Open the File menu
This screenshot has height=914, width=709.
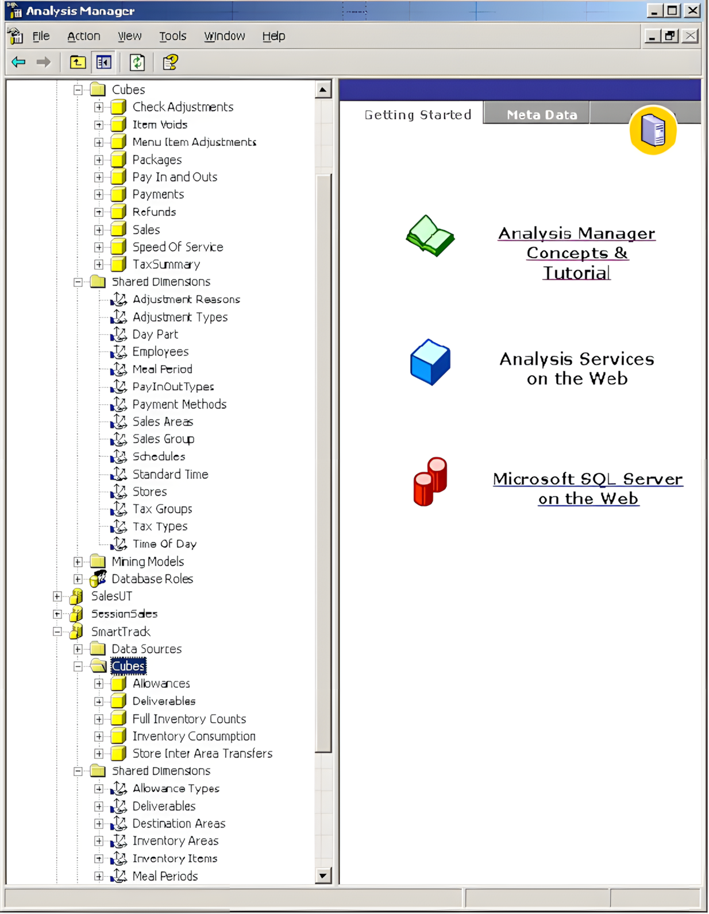(x=41, y=36)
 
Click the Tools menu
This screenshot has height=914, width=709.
(x=172, y=36)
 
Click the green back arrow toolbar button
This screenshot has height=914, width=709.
(x=18, y=62)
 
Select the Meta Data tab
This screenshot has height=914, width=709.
(x=542, y=114)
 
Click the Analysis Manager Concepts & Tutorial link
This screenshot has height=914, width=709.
(x=576, y=253)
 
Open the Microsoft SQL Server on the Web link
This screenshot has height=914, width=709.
(x=588, y=489)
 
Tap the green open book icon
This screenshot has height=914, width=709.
(x=430, y=235)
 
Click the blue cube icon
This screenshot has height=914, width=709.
(x=430, y=362)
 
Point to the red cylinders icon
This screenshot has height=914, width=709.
(x=430, y=481)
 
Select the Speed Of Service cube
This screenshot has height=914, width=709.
(x=178, y=247)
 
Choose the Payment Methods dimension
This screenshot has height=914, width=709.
(x=179, y=404)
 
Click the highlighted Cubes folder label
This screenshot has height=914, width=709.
(x=128, y=666)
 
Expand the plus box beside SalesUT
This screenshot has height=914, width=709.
(x=57, y=597)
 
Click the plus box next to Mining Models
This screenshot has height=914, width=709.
(x=78, y=561)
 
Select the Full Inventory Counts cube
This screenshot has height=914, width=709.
(x=189, y=719)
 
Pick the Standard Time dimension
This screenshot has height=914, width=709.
(x=171, y=474)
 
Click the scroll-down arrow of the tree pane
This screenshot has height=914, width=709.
(x=323, y=876)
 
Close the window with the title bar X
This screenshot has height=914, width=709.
(x=692, y=10)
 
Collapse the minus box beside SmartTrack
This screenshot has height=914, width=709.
(x=57, y=632)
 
